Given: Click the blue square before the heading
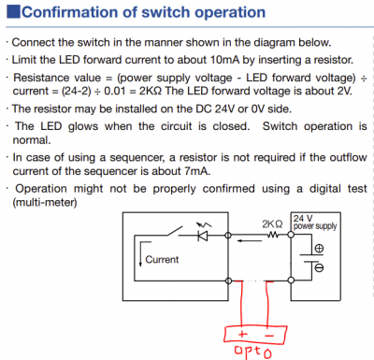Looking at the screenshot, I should point(11,13).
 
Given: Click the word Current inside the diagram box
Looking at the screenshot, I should point(163,259).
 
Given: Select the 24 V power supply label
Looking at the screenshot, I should point(313,221).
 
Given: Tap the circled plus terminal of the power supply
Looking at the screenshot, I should point(318,249).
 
